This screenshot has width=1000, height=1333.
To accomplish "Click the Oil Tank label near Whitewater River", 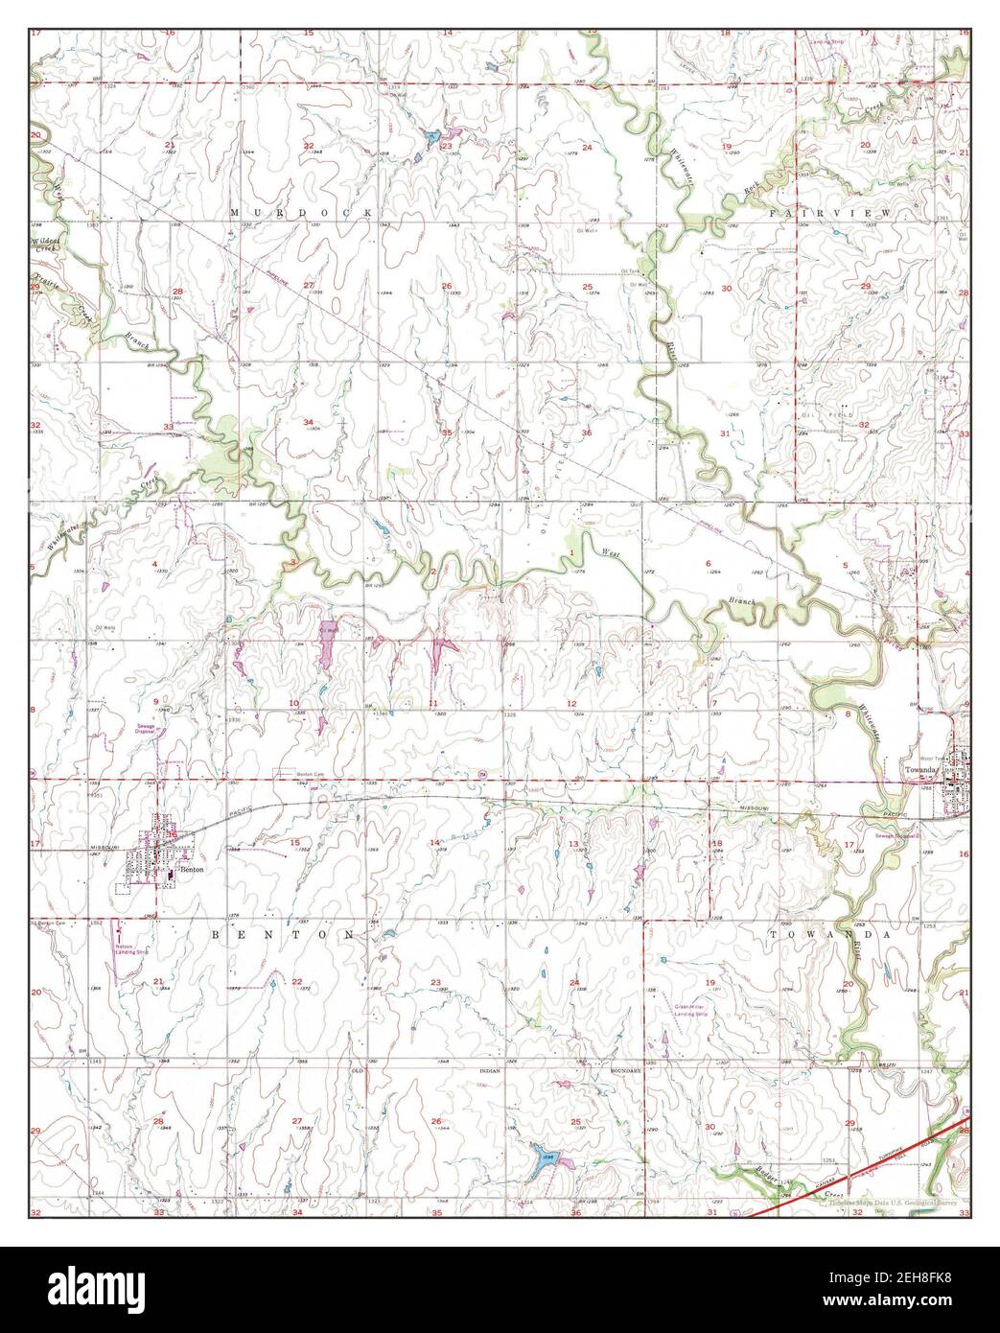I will [x=629, y=271].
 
